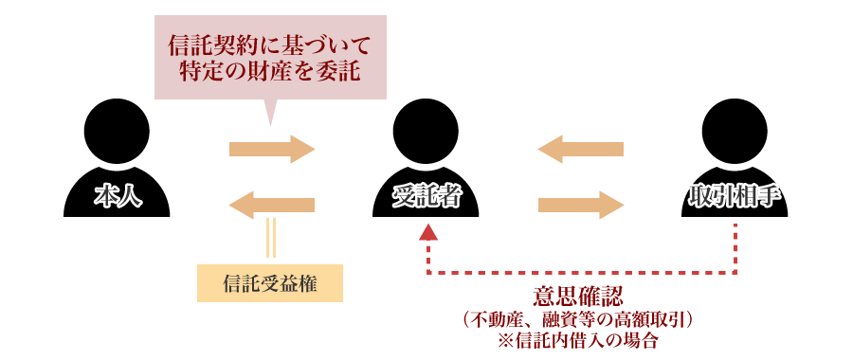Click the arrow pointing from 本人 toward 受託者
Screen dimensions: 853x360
pyautogui.click(x=271, y=150)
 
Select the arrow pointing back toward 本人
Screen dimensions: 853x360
pyautogui.click(x=271, y=204)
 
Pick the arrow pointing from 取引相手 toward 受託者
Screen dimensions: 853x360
pyautogui.click(x=580, y=150)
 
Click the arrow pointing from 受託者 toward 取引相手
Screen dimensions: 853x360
pyautogui.click(x=580, y=204)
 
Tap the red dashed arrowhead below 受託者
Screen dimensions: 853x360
pyautogui.click(x=428, y=232)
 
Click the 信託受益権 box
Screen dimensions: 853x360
pyautogui.click(x=269, y=282)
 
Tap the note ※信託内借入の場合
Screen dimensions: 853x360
pyautogui.click(x=580, y=341)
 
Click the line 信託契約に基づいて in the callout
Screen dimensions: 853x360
pyautogui.click(x=271, y=45)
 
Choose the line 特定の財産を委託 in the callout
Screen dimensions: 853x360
pyautogui.click(x=271, y=72)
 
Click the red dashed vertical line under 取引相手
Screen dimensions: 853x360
pyautogui.click(x=736, y=248)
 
